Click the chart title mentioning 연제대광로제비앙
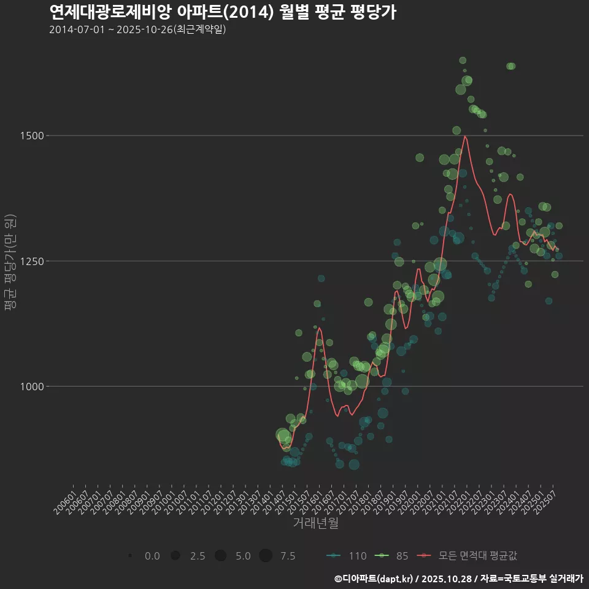pos(222,12)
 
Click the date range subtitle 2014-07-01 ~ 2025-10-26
pos(137,29)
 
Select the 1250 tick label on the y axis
pos(34,261)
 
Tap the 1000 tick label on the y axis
pos(34,387)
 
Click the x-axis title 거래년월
pos(315,523)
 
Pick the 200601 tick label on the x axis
pos(66,498)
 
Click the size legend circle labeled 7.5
pos(265,556)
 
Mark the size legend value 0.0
pos(152,556)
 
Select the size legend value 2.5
pos(198,556)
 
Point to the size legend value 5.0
pos(243,556)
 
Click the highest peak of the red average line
pos(465,136)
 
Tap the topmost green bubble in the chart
pos(463,60)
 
